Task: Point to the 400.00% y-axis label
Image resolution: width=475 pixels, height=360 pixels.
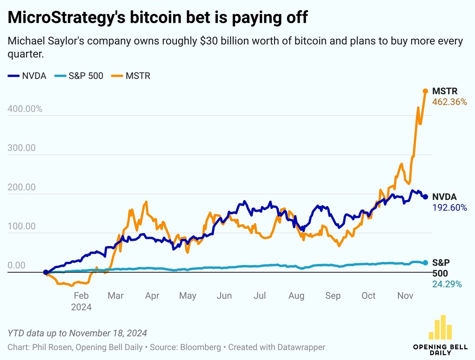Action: pos(25,109)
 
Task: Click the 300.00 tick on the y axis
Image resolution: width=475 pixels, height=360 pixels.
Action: pos(21,148)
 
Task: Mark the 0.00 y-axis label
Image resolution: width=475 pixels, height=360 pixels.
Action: pos(16,265)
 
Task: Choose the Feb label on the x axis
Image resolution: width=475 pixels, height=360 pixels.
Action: pos(81,296)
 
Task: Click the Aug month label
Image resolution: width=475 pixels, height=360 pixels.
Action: pos(296,296)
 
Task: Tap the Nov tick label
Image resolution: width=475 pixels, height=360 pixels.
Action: pos(405,296)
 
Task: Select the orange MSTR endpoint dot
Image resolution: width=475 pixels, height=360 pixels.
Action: pos(425,91)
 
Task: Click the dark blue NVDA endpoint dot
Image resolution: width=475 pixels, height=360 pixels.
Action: pos(425,197)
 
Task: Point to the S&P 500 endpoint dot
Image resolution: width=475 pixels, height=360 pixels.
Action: pos(425,263)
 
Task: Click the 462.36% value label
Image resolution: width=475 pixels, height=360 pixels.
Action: pos(449,102)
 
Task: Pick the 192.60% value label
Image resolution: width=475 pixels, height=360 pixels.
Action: pos(449,208)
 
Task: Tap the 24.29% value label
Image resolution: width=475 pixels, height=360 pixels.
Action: pos(447,284)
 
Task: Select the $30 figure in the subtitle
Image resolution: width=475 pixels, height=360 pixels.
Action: pos(208,41)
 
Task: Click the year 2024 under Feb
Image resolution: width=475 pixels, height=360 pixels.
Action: pos(81,307)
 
